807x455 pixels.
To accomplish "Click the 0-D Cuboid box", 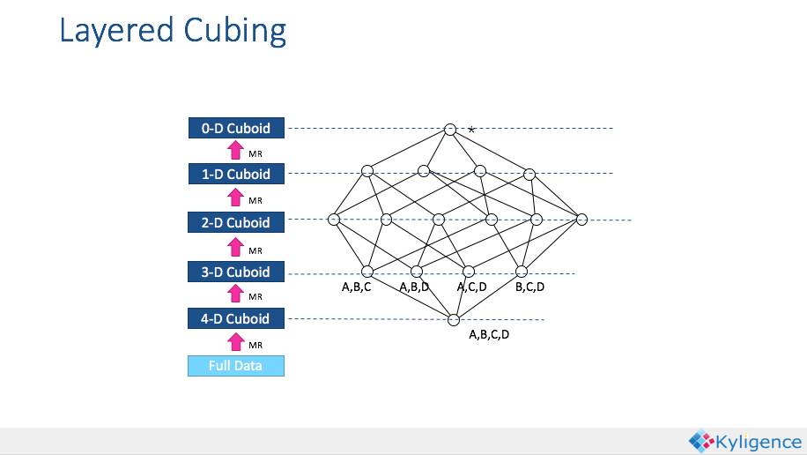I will pos(236,129).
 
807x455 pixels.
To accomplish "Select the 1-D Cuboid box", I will pos(236,175).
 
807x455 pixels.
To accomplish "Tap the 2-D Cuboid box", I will pos(236,222).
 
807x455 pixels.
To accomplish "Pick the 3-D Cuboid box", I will pos(236,272).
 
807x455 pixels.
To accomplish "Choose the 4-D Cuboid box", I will pos(236,318).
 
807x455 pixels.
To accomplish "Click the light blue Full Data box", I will pos(236,365).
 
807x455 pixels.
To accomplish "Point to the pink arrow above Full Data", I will pos(235,342).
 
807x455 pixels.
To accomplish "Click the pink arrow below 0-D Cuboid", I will pos(235,151).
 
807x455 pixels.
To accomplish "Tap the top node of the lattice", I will pos(450,130).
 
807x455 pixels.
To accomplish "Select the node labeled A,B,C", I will pos(367,272).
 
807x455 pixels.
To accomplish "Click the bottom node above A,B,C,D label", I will pos(454,319).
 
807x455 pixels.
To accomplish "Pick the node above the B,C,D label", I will pos(522,272).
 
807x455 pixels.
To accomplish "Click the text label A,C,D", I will pos(471,287).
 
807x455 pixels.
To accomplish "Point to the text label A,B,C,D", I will pos(489,334).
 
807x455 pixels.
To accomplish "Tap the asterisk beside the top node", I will pos(472,131).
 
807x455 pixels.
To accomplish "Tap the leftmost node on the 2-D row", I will pos(334,219).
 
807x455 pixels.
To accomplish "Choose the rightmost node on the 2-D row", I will pos(581,219).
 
